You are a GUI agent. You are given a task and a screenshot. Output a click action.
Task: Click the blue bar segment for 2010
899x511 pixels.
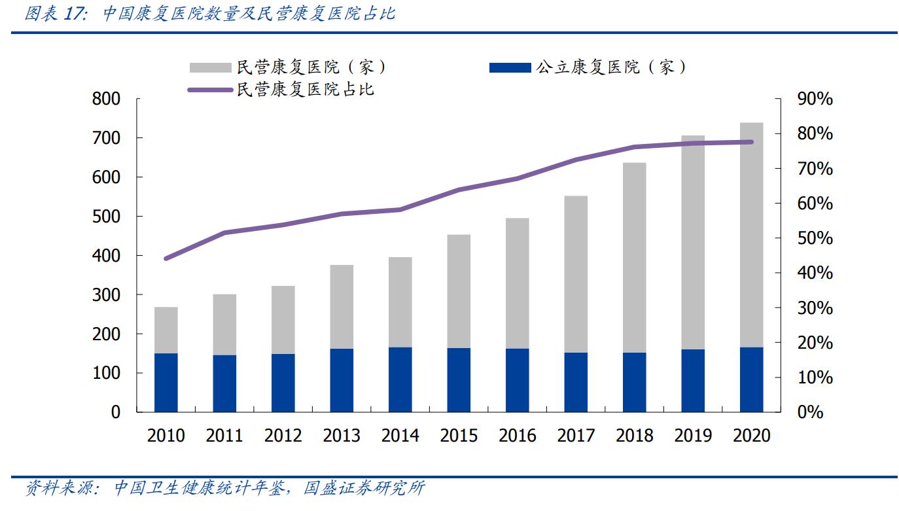(166, 383)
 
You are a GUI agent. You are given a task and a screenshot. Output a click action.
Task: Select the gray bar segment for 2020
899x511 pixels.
(751, 234)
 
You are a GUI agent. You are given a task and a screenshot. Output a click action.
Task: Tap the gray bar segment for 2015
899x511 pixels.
(459, 291)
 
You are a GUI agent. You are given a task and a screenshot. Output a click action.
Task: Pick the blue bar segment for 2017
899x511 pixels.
(576, 383)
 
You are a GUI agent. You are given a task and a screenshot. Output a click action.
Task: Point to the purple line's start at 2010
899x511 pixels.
(166, 258)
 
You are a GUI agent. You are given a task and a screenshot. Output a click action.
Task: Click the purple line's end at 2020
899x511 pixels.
(751, 142)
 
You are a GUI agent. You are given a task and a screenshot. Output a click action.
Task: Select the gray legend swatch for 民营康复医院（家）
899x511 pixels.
(211, 67)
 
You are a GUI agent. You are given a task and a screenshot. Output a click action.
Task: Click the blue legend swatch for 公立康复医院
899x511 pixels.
(510, 67)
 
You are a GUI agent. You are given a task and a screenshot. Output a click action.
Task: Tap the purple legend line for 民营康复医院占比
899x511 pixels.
(211, 89)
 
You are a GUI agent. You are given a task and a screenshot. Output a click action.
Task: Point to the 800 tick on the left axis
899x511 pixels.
(107, 99)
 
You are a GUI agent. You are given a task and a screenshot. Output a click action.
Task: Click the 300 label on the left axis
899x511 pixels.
(107, 295)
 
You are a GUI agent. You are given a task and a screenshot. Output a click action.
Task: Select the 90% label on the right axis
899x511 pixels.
(815, 99)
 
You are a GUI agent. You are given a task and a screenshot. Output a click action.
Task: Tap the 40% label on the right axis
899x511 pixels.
(815, 273)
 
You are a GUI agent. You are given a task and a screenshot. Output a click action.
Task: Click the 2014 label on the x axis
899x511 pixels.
(400, 436)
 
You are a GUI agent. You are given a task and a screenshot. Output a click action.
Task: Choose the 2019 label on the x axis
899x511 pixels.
(692, 436)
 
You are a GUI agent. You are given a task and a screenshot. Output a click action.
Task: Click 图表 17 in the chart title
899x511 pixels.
(56, 14)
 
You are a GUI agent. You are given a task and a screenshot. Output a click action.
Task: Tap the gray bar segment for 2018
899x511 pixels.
(634, 257)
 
